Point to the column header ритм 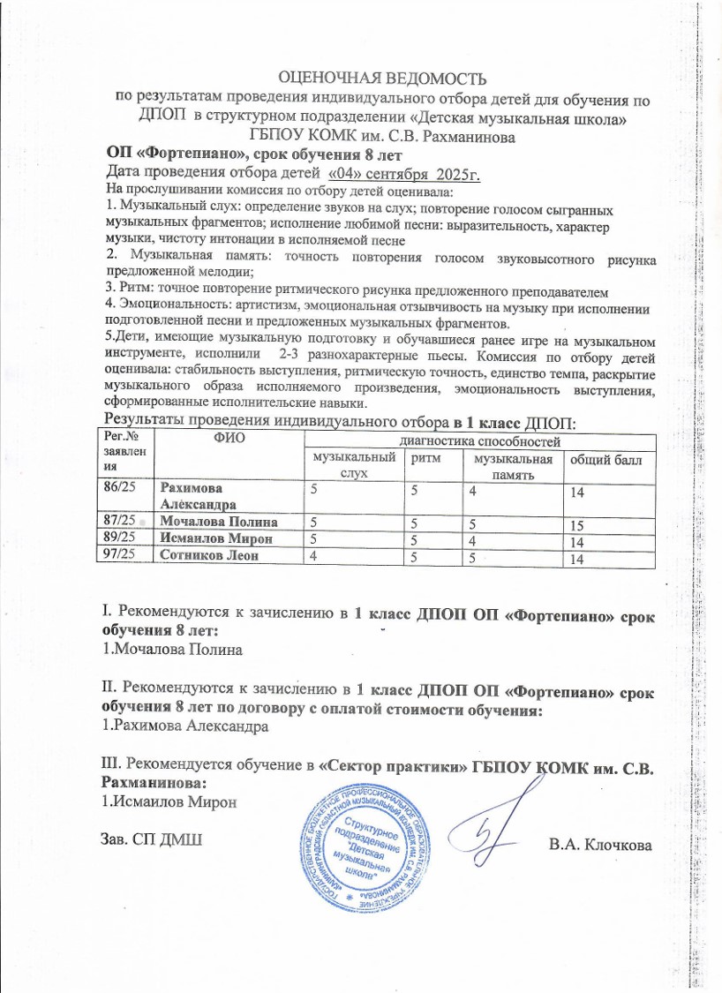(427, 459)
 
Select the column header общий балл (606, 460)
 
